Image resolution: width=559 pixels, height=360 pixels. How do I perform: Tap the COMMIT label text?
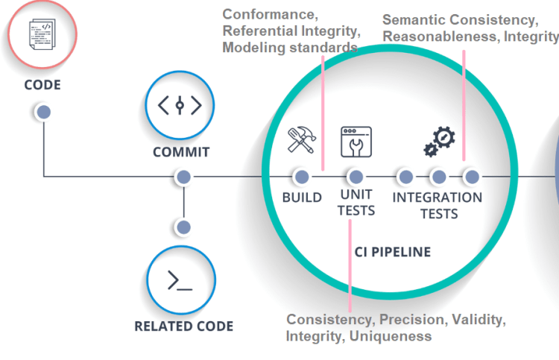181,152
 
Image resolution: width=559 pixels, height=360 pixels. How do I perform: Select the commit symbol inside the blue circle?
180,106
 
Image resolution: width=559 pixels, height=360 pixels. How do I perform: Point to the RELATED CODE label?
183,326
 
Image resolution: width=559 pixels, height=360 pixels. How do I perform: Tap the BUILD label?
302,198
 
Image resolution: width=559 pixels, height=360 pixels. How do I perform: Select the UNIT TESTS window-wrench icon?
356,142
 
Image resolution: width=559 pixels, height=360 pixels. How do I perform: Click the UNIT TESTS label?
356,203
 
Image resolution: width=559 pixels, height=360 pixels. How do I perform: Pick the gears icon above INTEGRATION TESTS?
439,142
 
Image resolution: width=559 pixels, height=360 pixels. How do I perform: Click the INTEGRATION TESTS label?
438,205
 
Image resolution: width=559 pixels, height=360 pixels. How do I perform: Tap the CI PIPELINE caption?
391,252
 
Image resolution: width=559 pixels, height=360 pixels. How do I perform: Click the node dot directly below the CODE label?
43,112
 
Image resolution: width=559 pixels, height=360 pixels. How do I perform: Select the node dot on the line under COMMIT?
183,177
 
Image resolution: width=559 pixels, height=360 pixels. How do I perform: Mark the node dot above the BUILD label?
301,177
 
